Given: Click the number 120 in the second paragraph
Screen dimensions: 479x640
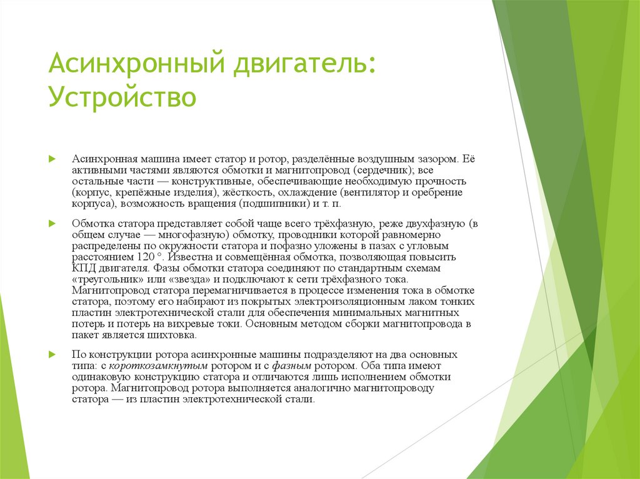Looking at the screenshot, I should pyautogui.click(x=145, y=257).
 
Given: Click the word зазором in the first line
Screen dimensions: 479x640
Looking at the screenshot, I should pyautogui.click(x=439, y=159).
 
